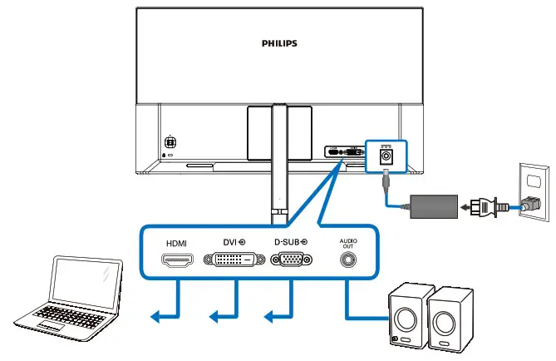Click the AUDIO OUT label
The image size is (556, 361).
[347, 243]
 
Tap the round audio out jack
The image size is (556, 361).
[347, 260]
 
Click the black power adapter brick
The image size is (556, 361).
[435, 205]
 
